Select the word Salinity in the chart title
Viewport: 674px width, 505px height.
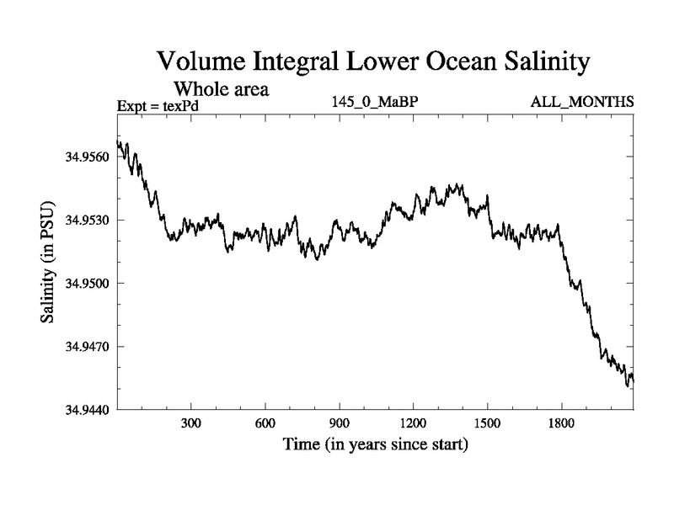[531, 63]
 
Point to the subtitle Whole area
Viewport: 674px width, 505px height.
[221, 88]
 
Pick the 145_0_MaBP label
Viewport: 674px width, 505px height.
[375, 103]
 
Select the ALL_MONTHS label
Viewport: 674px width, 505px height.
[581, 103]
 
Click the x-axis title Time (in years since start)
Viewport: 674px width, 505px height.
[376, 444]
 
